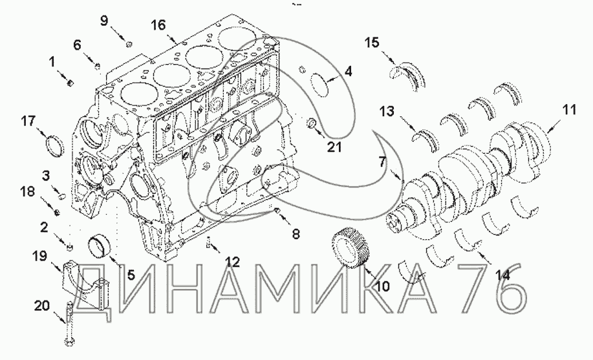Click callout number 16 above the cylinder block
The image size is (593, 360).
pyautogui.click(x=158, y=25)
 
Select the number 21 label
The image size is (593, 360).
pyautogui.click(x=334, y=147)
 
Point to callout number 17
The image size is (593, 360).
pyautogui.click(x=28, y=122)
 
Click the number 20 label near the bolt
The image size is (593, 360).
pyautogui.click(x=43, y=305)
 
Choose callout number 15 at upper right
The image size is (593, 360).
pyautogui.click(x=371, y=43)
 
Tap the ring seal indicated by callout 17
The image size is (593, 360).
pyautogui.click(x=55, y=145)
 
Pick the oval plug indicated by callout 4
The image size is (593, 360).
pyautogui.click(x=320, y=85)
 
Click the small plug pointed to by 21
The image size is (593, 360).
pyautogui.click(x=312, y=123)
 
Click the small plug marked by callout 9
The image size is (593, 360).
pyautogui.click(x=129, y=45)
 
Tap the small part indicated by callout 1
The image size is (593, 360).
pyautogui.click(x=70, y=82)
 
